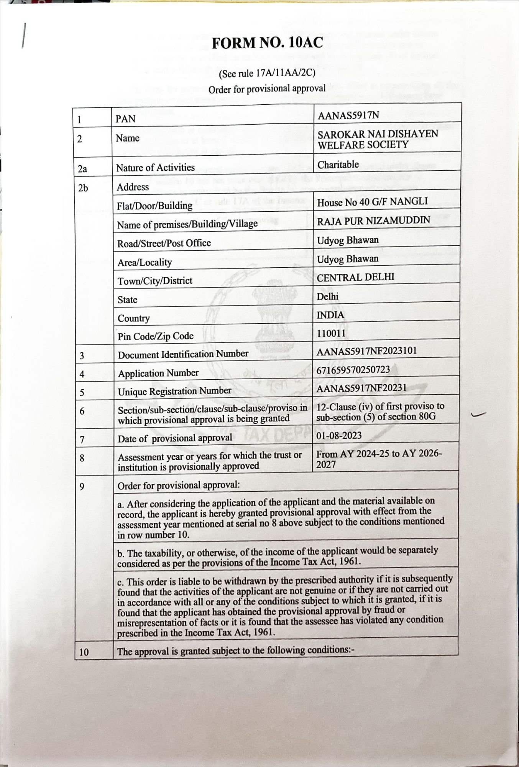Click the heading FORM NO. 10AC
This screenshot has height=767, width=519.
click(267, 43)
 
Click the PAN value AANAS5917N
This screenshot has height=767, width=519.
click(348, 115)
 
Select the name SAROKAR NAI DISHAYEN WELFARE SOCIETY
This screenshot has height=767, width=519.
click(378, 139)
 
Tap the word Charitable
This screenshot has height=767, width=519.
click(338, 165)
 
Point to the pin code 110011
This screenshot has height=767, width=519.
click(331, 333)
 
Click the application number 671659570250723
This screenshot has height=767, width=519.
click(353, 370)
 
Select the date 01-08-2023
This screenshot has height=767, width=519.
click(339, 436)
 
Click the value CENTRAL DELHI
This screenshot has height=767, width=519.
click(355, 277)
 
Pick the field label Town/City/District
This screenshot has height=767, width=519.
click(155, 281)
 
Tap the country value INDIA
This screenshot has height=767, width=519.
click(330, 315)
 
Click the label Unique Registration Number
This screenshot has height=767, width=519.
click(174, 391)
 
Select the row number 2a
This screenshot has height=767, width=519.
click(82, 169)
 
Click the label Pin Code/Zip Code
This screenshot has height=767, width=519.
click(156, 336)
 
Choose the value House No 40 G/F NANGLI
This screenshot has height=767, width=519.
click(372, 202)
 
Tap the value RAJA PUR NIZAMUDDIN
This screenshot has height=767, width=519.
click(373, 221)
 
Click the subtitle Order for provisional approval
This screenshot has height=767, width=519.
click(267, 89)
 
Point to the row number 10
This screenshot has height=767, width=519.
click(84, 652)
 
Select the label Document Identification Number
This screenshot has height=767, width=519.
click(183, 354)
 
